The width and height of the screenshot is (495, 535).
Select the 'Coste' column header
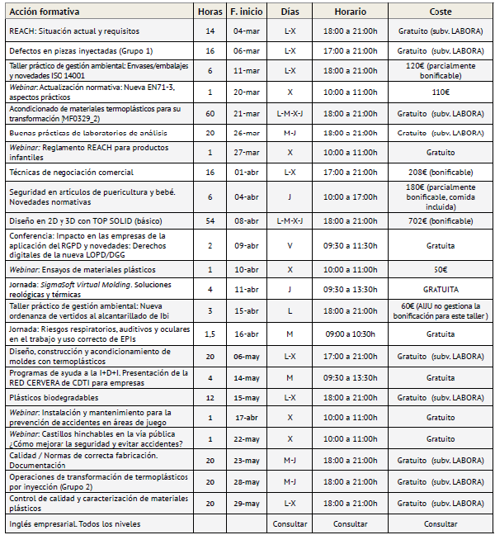pos(441,12)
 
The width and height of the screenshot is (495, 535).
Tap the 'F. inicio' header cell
pos(246,12)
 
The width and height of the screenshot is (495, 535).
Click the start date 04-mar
pos(246,31)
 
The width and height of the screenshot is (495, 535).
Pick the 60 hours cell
pos(210,112)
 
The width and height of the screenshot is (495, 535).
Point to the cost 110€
pos(441,92)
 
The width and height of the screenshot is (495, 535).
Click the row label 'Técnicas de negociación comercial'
pos(71,173)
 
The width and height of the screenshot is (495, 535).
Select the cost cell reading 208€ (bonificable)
pos(441,173)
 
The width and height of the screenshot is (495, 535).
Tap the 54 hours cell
pos(210,222)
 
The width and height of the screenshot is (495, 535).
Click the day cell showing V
pos(290,245)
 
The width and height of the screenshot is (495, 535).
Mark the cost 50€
pos(441,269)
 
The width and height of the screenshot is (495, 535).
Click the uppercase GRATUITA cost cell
pos(441,290)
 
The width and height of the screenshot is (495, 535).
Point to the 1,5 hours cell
pos(210,334)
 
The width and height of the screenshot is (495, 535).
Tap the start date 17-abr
pos(246,417)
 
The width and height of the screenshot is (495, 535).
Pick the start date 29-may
pos(246,503)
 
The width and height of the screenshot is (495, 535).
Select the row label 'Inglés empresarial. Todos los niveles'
pos(75,523)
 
